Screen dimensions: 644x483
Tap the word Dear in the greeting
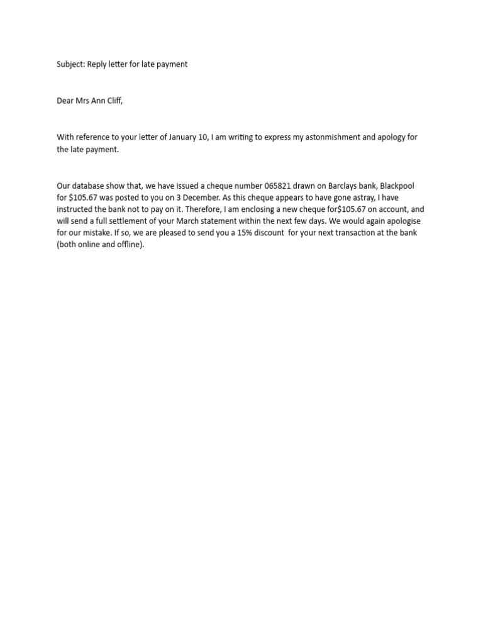[65, 101]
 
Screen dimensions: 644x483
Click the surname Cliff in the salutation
[114, 101]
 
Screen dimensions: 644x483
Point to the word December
[200, 197]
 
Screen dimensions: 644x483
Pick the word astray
[362, 197]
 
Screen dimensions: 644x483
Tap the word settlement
[142, 221]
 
